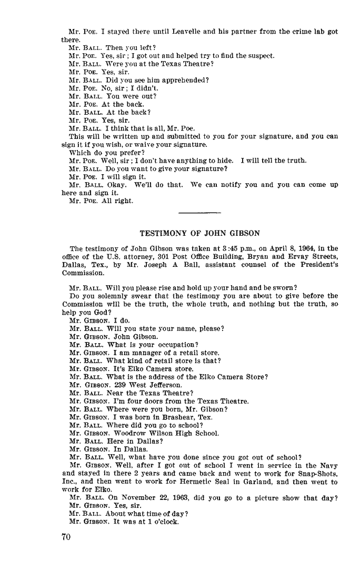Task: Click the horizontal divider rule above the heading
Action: [199, 213]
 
